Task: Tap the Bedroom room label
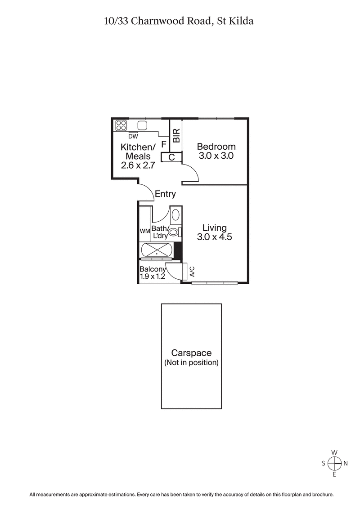(216, 147)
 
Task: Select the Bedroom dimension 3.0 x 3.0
(216, 156)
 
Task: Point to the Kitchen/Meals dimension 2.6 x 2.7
(138, 165)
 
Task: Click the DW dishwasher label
(133, 136)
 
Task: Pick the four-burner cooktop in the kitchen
(121, 125)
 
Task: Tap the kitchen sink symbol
(143, 125)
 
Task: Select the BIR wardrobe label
(176, 136)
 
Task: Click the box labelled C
(171, 157)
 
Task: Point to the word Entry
(165, 194)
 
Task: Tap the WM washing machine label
(144, 231)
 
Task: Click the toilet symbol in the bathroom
(172, 232)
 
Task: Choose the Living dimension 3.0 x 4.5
(214, 237)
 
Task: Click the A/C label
(192, 271)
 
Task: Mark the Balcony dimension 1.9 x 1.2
(153, 277)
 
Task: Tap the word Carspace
(191, 353)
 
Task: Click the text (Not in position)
(191, 362)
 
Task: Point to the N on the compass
(346, 463)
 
